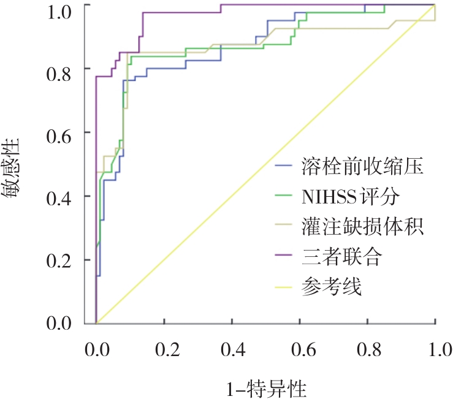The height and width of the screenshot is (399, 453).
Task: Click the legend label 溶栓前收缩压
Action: [x=363, y=166]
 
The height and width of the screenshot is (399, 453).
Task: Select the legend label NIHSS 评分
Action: [x=350, y=196]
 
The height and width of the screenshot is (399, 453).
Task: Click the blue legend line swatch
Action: [x=285, y=166]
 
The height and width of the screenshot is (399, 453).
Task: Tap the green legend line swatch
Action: [x=285, y=196]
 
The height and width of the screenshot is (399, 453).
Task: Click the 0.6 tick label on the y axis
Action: [x=60, y=132]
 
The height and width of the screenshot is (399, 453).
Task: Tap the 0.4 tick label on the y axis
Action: [x=60, y=196]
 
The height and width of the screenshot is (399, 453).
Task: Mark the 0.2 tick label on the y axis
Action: [x=60, y=259]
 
